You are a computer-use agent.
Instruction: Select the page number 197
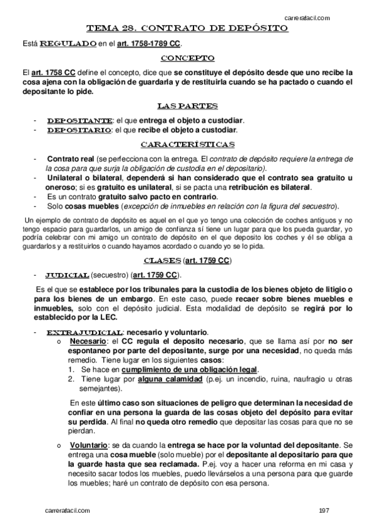(324, 512)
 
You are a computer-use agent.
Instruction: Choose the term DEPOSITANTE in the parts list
(80, 120)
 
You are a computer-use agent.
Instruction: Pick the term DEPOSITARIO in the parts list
(80, 130)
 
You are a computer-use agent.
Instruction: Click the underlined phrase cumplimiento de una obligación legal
(185, 370)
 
